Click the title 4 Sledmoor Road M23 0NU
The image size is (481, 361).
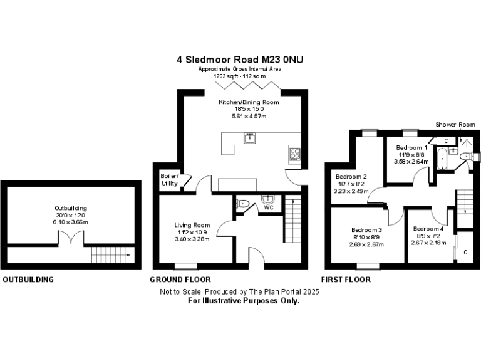click(x=240, y=60)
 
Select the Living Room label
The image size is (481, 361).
click(x=192, y=225)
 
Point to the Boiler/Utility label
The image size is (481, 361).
click(x=169, y=179)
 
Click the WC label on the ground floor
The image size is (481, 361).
click(x=269, y=207)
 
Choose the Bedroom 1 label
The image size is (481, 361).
click(x=411, y=148)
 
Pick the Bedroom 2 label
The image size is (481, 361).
click(x=351, y=177)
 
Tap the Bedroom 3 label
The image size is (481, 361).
click(x=366, y=229)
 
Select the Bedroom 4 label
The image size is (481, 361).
click(x=428, y=229)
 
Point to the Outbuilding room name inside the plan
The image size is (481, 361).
click(x=71, y=208)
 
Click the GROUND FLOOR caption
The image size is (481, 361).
click(x=180, y=280)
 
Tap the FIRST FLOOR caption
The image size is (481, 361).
click(x=346, y=280)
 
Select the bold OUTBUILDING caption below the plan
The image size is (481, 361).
click(x=28, y=280)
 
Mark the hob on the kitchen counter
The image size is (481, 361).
click(x=294, y=153)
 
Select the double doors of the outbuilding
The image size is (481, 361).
click(x=70, y=238)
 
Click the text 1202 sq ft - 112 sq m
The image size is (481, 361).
click(x=240, y=75)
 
